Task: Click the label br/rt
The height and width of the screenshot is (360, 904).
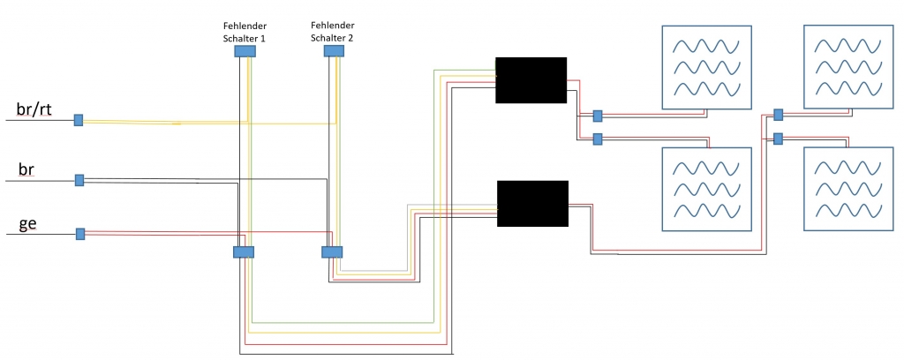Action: tap(34, 109)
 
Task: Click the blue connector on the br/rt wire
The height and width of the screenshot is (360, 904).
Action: tap(79, 120)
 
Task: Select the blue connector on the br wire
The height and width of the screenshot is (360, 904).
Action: tap(79, 180)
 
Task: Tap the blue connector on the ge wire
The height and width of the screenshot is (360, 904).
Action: tap(80, 234)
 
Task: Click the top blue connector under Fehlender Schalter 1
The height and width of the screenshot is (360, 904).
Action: tap(245, 51)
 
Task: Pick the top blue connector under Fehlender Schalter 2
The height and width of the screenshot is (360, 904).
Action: tap(334, 51)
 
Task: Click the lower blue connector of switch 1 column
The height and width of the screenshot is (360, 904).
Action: tap(244, 252)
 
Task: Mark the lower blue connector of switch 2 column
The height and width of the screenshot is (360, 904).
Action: tap(332, 252)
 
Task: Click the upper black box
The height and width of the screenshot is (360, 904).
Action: tap(531, 79)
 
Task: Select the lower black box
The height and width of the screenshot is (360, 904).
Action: tap(532, 203)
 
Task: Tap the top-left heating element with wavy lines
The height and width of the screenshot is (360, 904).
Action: tap(707, 67)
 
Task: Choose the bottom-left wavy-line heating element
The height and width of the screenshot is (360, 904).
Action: tap(707, 189)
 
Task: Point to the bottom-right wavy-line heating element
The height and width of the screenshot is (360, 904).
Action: tap(848, 189)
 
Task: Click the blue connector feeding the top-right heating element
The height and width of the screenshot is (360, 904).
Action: tap(778, 115)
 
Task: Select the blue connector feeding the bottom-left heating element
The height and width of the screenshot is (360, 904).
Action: tap(598, 139)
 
